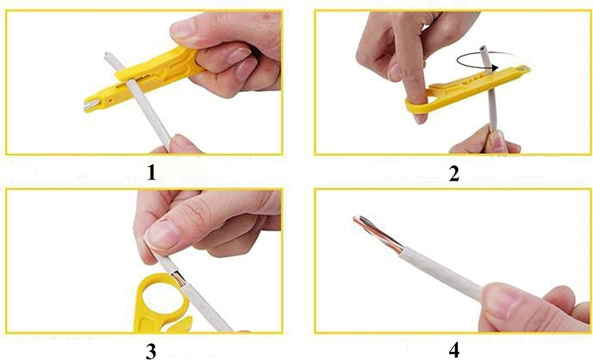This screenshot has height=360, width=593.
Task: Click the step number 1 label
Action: [x=151, y=173]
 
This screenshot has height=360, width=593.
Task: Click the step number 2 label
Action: [x=454, y=174]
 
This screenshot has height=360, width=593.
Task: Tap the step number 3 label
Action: [x=151, y=351]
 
